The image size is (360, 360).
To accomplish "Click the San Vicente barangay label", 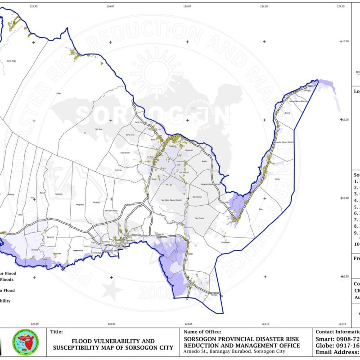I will pyautogui.click(x=199, y=218).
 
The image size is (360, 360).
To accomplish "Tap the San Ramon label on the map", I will pyautogui.click(x=198, y=197).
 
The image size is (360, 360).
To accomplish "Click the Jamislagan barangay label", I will pyautogui.click(x=225, y=242).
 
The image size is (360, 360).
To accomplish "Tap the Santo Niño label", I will pyautogui.click(x=11, y=60).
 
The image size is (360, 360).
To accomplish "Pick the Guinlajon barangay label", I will pyautogui.click(x=58, y=194).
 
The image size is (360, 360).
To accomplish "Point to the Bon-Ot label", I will pyautogui.click(x=288, y=113).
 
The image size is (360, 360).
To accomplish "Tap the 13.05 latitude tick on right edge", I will pyautogui.click(x=346, y=120).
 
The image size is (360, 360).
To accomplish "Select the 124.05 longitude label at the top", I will pyautogui.click(x=188, y=6).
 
